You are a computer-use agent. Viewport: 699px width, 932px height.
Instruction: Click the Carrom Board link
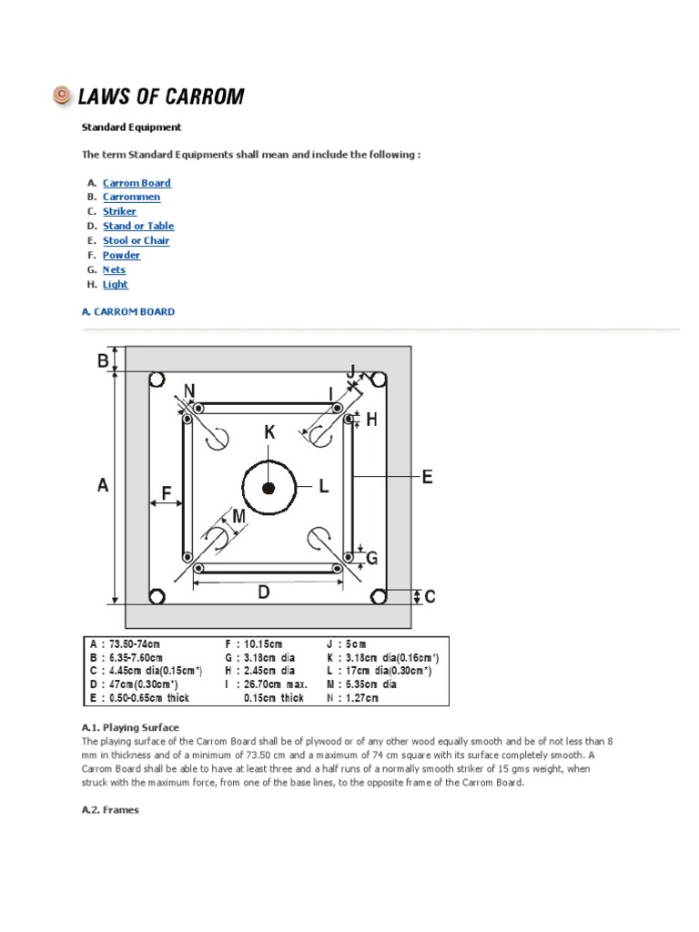tap(137, 183)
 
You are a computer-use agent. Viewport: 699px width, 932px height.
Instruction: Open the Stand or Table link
tap(137, 226)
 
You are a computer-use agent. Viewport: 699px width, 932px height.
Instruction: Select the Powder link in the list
tap(121, 255)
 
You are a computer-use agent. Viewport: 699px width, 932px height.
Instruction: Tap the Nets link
tap(114, 269)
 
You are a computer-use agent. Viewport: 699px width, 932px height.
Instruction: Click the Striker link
tap(119, 211)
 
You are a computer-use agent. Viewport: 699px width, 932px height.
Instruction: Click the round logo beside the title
tap(62, 95)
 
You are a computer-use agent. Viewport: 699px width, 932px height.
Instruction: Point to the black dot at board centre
tap(268, 489)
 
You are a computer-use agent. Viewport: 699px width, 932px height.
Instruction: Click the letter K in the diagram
tap(269, 433)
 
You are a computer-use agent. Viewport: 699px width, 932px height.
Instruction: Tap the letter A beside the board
tap(103, 486)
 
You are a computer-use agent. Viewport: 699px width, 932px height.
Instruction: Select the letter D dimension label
tap(263, 593)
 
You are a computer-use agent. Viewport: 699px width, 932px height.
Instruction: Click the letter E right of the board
tap(427, 476)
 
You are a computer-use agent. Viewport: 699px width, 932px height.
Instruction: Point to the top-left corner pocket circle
tap(156, 380)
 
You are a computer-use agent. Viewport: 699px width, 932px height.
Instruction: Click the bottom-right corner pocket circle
tap(380, 596)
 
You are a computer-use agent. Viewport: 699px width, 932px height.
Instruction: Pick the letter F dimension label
tap(167, 492)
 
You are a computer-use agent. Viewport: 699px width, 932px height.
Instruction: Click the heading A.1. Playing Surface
tap(130, 727)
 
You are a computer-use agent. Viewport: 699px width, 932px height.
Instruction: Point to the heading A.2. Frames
tap(110, 809)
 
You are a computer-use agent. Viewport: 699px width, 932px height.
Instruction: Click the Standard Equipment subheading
tap(131, 127)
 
